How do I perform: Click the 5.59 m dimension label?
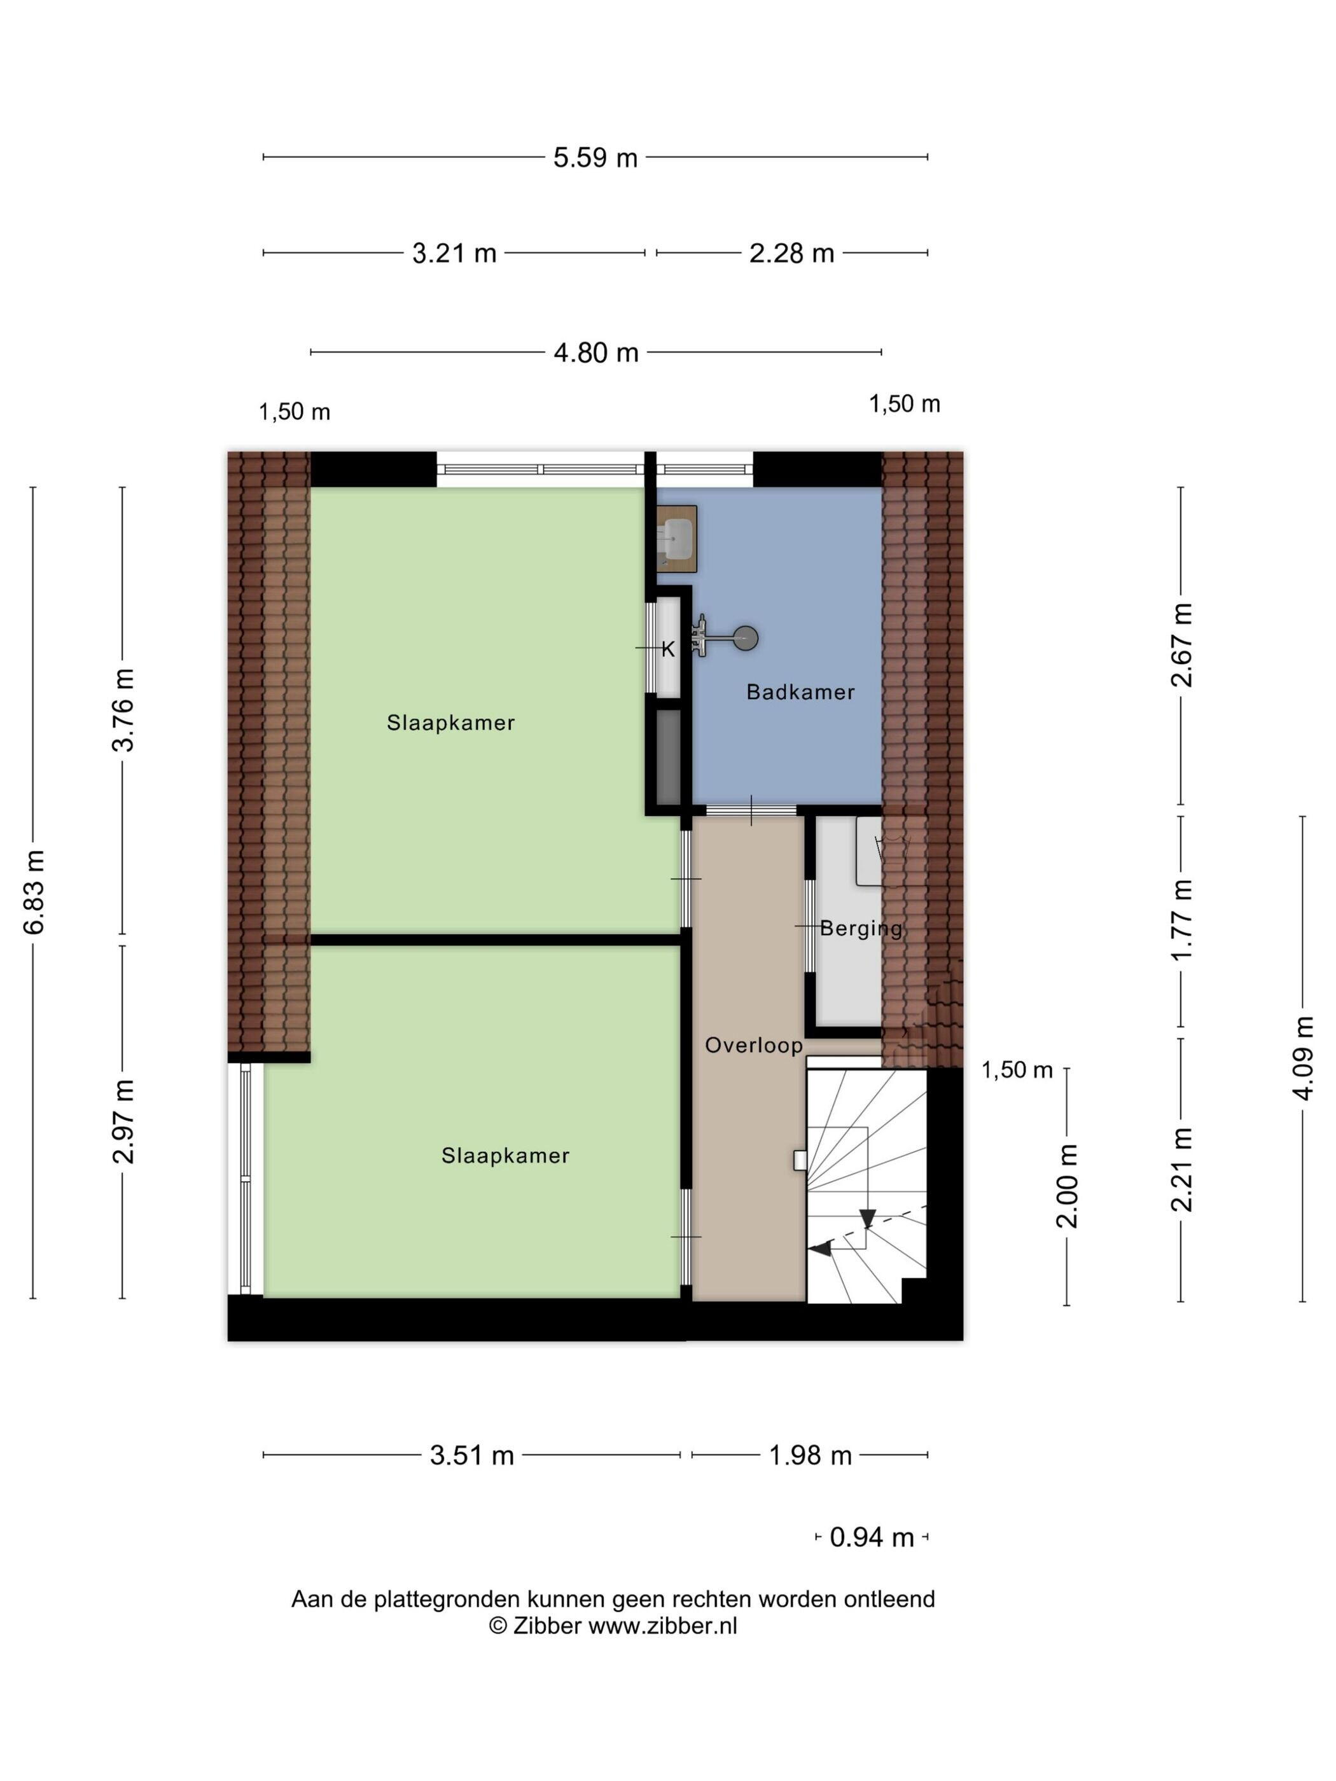[x=595, y=157]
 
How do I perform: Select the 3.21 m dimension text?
[x=454, y=254]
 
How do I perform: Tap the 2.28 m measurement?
[x=791, y=254]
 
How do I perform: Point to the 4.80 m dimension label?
[x=596, y=352]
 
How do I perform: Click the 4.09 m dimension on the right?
[x=1303, y=1057]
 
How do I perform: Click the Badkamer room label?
[x=800, y=691]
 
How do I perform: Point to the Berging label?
[x=861, y=928]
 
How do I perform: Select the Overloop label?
[x=754, y=1045]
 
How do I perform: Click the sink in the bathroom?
[x=676, y=538]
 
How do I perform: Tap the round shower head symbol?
[x=748, y=639]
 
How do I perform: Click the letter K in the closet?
[x=667, y=650]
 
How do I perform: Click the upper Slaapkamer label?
[x=450, y=723]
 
